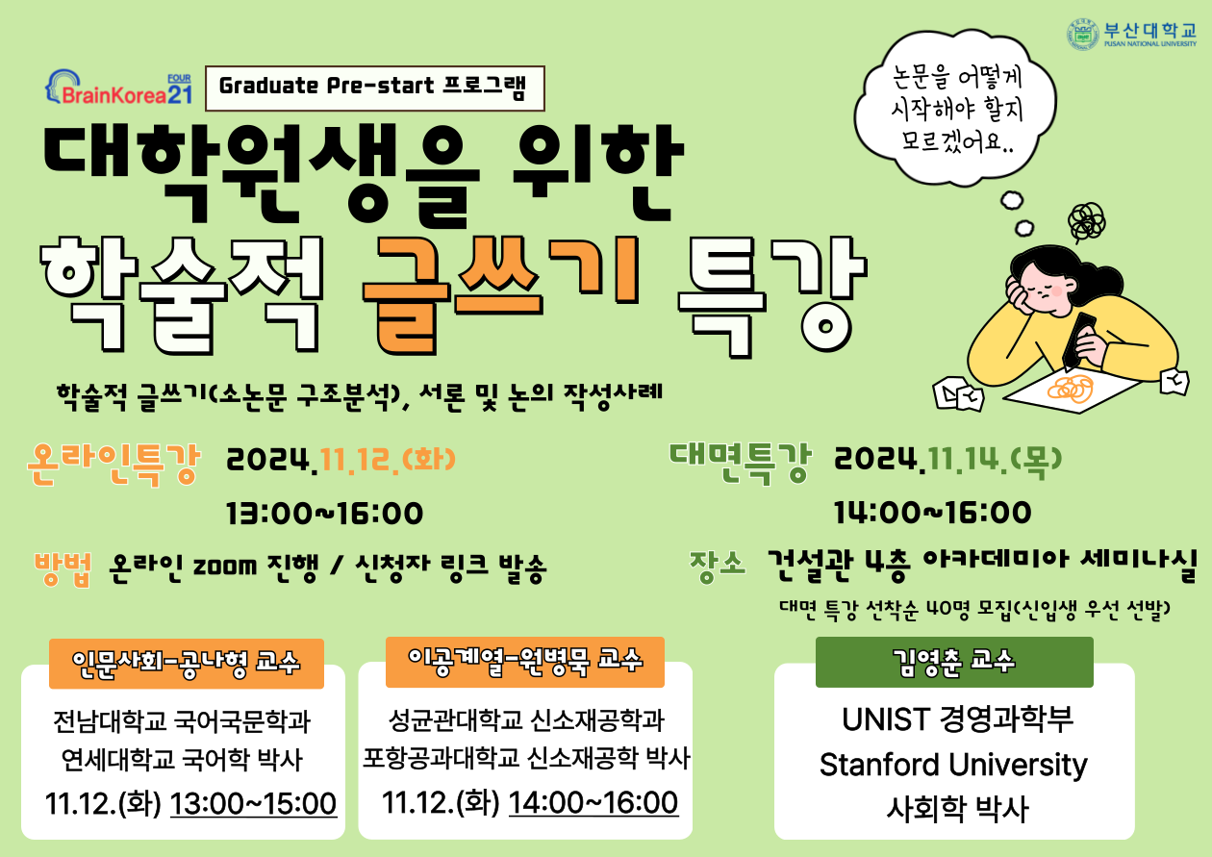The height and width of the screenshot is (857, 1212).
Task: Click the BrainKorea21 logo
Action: pos(118,88)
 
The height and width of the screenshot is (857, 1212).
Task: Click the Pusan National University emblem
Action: pos(1083,35)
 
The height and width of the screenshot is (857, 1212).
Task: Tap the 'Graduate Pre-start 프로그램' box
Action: pos(374,88)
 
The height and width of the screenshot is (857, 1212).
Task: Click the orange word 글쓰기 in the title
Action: pos(501,294)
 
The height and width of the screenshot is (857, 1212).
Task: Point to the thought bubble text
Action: pos(956,110)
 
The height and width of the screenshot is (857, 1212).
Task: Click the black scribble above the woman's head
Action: pos(1087,221)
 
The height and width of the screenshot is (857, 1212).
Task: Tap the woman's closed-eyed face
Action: pos(1039,292)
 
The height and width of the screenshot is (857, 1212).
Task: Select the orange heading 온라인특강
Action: pos(114,464)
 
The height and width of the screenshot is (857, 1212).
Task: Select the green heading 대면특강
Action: pos(741,462)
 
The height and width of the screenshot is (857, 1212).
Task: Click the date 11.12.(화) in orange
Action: pos(388,461)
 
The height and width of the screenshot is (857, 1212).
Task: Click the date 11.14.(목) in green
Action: pos(995,461)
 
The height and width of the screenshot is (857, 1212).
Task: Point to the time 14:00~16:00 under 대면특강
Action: pos(932,513)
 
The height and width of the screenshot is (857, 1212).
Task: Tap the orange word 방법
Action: pos(63,568)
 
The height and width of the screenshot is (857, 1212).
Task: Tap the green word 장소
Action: pos(718,566)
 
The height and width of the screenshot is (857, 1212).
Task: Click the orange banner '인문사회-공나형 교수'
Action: pos(187,664)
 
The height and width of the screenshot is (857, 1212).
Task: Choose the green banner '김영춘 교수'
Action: pos(954,662)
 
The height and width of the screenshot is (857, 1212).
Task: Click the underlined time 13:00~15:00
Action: pos(253,803)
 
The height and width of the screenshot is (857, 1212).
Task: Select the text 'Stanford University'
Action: pos(953,765)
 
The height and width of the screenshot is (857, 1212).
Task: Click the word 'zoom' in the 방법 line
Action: pos(225,567)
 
